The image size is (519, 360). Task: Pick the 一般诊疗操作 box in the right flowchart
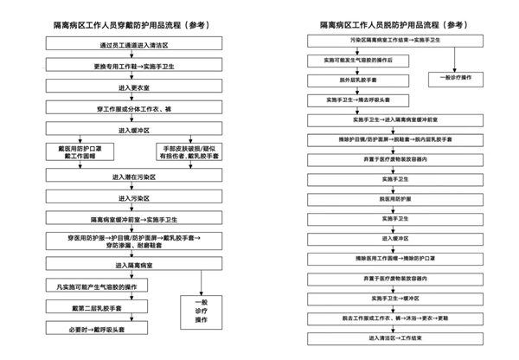[456, 79]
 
